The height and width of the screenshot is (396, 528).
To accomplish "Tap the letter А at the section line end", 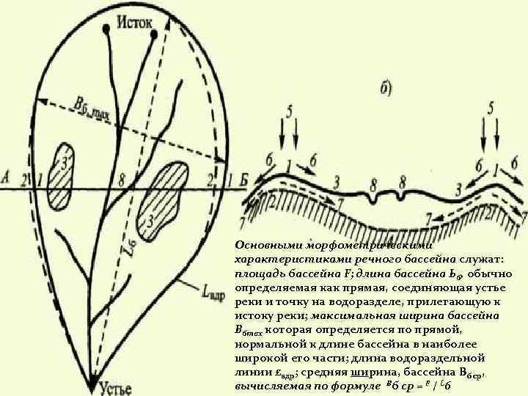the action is pos(6,177).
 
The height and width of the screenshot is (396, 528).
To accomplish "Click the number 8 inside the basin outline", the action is pos(121,177).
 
